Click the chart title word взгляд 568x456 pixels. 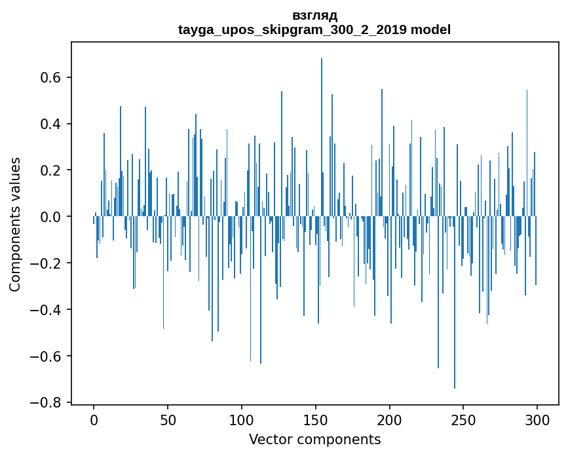314,16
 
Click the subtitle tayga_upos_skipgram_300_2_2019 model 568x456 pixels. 314,29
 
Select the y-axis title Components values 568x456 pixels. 15,224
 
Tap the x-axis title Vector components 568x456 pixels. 314,439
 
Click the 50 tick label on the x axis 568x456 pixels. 168,419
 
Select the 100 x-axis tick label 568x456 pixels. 242,419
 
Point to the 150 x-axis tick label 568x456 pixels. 316,419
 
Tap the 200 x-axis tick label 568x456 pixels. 390,419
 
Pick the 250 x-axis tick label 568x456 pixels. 464,419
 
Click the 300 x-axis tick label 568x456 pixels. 537,419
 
